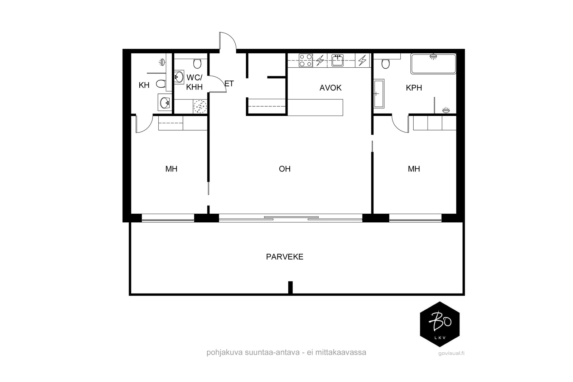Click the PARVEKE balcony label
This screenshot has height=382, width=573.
click(284, 257)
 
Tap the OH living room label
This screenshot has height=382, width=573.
click(284, 169)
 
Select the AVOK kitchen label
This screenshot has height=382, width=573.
click(330, 88)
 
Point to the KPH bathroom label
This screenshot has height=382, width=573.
click(414, 88)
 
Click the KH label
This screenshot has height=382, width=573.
click(144, 85)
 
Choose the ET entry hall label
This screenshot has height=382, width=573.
click(229, 84)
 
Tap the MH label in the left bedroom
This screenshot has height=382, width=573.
click(171, 169)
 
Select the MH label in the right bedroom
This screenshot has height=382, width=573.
click(414, 169)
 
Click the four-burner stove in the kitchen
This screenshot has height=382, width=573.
click(306, 61)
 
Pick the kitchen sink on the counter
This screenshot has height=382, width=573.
click(337, 61)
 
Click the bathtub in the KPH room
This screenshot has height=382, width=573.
click(433, 64)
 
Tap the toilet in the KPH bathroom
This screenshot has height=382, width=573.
click(385, 64)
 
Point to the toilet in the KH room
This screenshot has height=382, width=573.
click(161, 84)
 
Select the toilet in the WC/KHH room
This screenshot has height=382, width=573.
click(197, 63)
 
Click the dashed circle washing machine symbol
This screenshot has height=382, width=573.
click(200, 106)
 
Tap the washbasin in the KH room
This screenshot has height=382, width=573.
click(164, 103)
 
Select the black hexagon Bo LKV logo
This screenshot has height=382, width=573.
click(440, 324)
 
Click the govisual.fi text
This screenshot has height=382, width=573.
click(451, 353)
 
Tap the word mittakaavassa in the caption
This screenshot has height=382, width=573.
click(341, 352)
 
